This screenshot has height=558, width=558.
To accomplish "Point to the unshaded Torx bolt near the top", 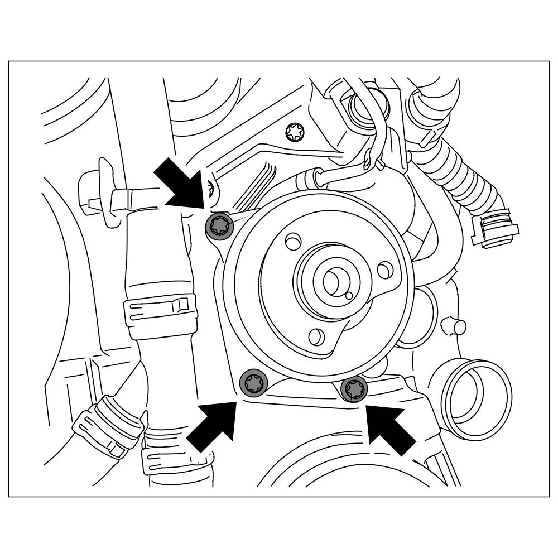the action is pyautogui.click(x=294, y=132).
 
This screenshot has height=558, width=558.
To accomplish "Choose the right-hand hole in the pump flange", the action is pyautogui.click(x=384, y=270).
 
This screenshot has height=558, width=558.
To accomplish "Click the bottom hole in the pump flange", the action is pyautogui.click(x=316, y=336).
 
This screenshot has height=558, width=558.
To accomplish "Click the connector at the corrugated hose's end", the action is pyautogui.click(x=494, y=229).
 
